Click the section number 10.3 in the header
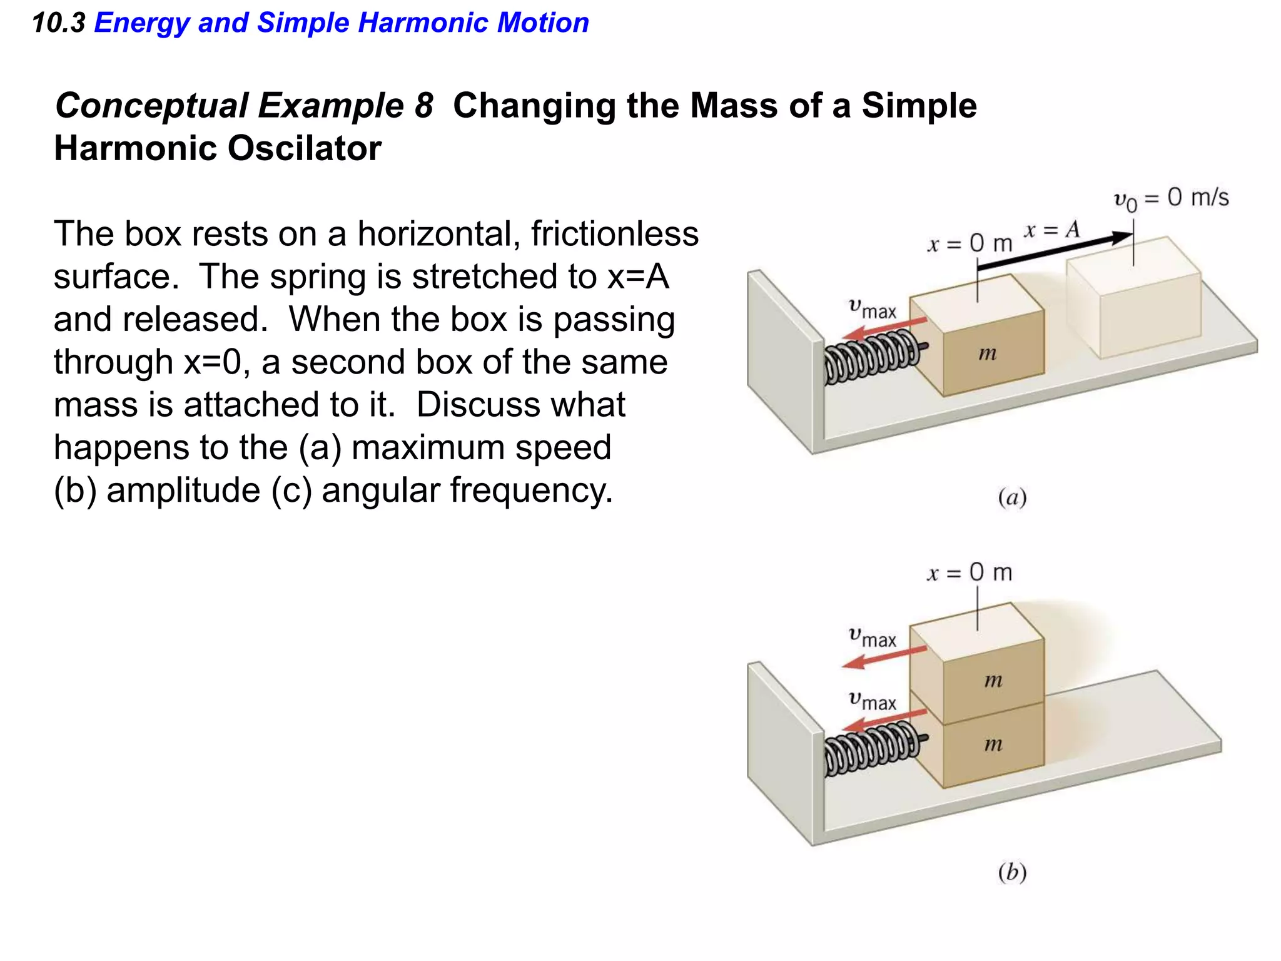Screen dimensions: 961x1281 tap(58, 23)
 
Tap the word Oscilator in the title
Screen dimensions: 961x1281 tap(304, 149)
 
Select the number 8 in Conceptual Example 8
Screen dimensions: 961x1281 tap(423, 105)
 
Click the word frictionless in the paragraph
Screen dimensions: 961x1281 tap(615, 234)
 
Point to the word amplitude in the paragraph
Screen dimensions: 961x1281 tap(183, 490)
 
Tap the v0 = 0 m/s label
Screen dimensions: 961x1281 tap(1171, 199)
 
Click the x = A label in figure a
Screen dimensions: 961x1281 tap(1052, 230)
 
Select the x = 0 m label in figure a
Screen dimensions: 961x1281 tap(969, 243)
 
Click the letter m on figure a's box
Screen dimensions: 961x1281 tap(987, 354)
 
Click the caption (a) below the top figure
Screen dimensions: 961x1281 tap(1012, 497)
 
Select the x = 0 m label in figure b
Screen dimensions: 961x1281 tap(969, 572)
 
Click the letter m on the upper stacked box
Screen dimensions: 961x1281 tap(993, 680)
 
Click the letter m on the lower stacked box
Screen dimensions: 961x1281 tap(993, 744)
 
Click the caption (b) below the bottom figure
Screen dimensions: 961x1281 tap(1012, 872)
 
